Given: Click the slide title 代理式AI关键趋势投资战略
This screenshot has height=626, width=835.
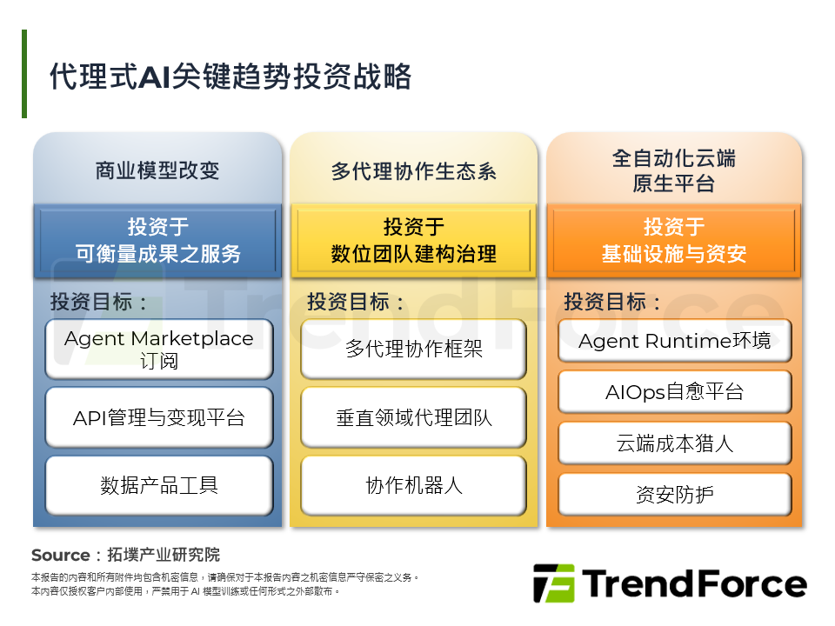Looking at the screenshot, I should tap(230, 77).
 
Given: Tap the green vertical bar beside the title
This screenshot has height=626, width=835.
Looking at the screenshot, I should tap(24, 74).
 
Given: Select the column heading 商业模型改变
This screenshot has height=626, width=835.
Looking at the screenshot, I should tap(157, 170).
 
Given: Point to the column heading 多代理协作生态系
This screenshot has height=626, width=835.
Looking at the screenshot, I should tap(413, 170).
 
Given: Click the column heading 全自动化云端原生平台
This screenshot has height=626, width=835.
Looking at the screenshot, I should tap(673, 170).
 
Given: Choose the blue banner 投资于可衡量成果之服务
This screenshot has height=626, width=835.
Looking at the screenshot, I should tap(157, 241).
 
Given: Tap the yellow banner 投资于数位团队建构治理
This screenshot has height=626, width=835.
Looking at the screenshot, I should tap(413, 241).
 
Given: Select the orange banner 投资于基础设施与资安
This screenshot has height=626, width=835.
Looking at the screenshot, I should tap(673, 241).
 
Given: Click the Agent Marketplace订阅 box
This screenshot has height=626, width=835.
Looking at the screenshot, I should tap(158, 350).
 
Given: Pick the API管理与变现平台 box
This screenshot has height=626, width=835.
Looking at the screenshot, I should tap(158, 417).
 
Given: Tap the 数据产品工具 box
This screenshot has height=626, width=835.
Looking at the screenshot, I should tap(158, 485).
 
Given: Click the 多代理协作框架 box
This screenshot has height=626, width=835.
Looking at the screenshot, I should tap(413, 350).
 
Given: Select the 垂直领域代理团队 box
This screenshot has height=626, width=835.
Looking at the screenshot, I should tap(413, 417).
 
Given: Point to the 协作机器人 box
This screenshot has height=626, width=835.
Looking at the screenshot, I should tap(413, 485).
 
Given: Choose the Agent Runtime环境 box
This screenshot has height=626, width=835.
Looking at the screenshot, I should tap(674, 341).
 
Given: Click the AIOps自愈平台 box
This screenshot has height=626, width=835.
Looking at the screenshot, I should tap(674, 392).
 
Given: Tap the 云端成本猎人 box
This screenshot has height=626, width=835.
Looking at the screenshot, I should tap(674, 443).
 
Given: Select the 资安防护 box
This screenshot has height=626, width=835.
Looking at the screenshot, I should tap(674, 495).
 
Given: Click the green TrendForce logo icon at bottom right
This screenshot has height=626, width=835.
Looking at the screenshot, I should tap(553, 583).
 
